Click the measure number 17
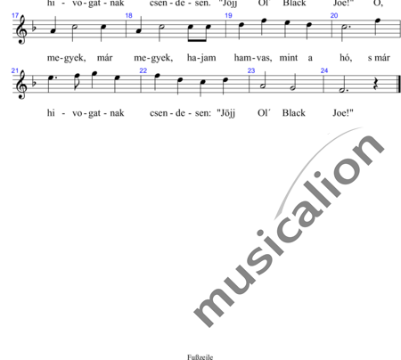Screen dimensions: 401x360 coord(15,15)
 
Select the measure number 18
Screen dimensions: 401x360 coord(128,15)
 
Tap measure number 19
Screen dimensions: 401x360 coord(228,15)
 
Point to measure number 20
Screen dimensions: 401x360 coord(334,15)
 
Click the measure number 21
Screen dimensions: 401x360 coord(15,70)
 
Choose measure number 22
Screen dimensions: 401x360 coord(143,70)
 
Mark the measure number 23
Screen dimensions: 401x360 coord(251,70)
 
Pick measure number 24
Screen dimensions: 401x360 coord(324,70)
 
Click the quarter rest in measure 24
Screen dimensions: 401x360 coord(376,86)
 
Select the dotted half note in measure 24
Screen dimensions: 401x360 coord(343,89)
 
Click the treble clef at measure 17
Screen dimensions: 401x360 coord(21,29)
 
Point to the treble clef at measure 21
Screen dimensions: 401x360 coord(21,85)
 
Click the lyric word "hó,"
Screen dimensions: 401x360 coord(346,58)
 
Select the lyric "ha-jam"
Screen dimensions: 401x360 coord(201,58)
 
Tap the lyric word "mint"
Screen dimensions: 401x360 coord(289,58)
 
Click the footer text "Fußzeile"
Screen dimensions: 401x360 coord(200,357)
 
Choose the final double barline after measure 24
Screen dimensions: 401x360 coord(398,85)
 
